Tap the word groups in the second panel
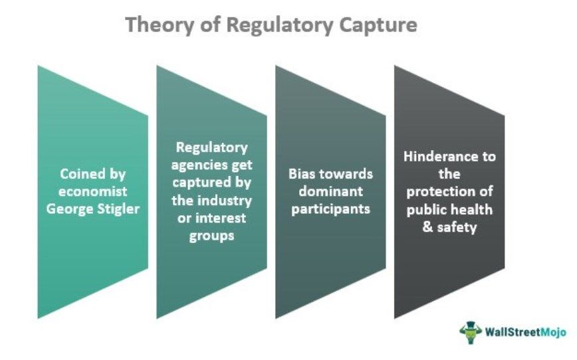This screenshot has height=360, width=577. click(x=211, y=234)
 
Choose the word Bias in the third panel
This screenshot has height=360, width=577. click(x=304, y=174)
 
